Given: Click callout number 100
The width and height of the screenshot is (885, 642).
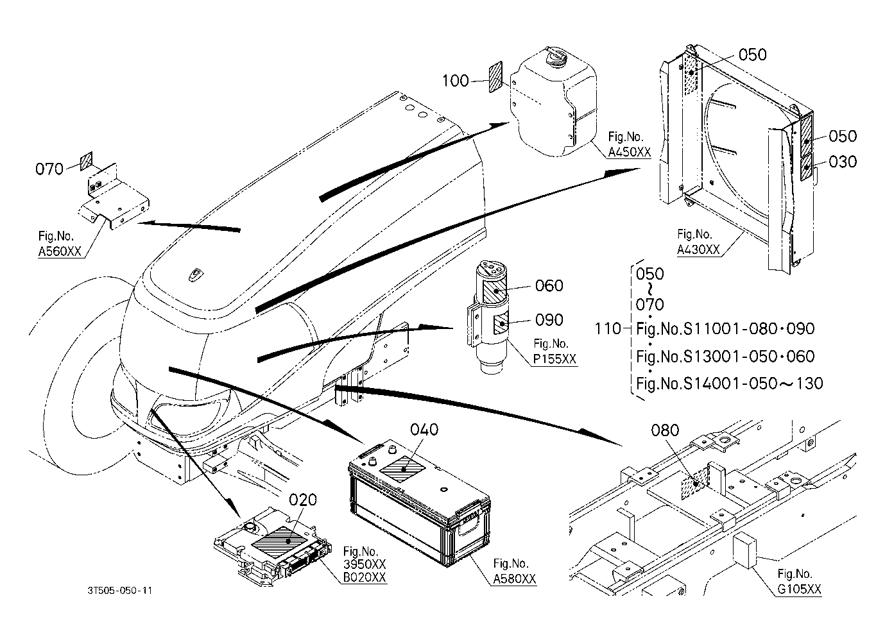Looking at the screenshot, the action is [x=455, y=81].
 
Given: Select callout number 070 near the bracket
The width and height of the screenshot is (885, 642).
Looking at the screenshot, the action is [x=49, y=169].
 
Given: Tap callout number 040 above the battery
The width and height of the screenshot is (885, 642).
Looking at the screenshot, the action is [x=424, y=430].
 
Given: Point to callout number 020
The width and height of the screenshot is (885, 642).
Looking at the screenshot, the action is [x=303, y=500].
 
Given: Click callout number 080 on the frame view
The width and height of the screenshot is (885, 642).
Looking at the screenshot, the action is [x=666, y=430].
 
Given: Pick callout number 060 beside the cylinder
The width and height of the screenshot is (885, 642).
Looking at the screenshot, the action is [x=549, y=285].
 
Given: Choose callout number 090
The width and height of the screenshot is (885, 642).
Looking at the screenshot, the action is [x=549, y=320].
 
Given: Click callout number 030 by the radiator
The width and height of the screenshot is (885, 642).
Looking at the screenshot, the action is [x=843, y=162].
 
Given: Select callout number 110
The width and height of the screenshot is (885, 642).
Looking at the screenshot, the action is [x=608, y=328].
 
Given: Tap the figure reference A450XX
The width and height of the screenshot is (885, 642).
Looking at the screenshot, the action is [x=629, y=152].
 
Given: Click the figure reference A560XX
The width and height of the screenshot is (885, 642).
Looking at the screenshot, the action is [x=60, y=251].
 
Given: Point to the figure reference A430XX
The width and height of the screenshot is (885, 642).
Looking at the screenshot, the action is [x=698, y=249].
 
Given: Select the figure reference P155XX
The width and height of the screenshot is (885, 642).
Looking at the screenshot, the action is [x=554, y=359].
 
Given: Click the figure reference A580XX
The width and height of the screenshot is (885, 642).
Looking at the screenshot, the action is [x=515, y=579].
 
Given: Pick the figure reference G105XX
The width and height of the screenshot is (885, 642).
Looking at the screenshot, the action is [x=799, y=589].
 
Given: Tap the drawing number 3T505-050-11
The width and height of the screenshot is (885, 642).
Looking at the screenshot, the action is [x=120, y=591].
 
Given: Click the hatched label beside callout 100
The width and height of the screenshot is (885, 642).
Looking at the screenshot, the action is [x=496, y=77].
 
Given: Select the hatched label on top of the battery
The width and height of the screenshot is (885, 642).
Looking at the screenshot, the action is [x=402, y=469].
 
